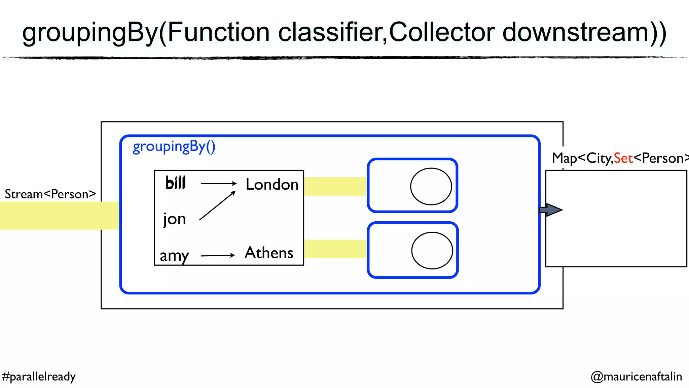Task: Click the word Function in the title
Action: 218,33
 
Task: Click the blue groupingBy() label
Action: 174,147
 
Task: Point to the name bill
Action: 176,183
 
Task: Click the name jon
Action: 175,219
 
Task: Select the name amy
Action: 174,256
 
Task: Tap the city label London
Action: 272,185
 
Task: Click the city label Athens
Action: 269,253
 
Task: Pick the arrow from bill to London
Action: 219,183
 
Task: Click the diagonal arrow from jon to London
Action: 217,206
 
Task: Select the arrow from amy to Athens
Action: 218,256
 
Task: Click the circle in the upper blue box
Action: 431,186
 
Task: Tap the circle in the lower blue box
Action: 432,250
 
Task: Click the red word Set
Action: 623,158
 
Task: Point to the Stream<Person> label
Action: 50,194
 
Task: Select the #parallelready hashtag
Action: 39,377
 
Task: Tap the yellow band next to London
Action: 335,186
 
